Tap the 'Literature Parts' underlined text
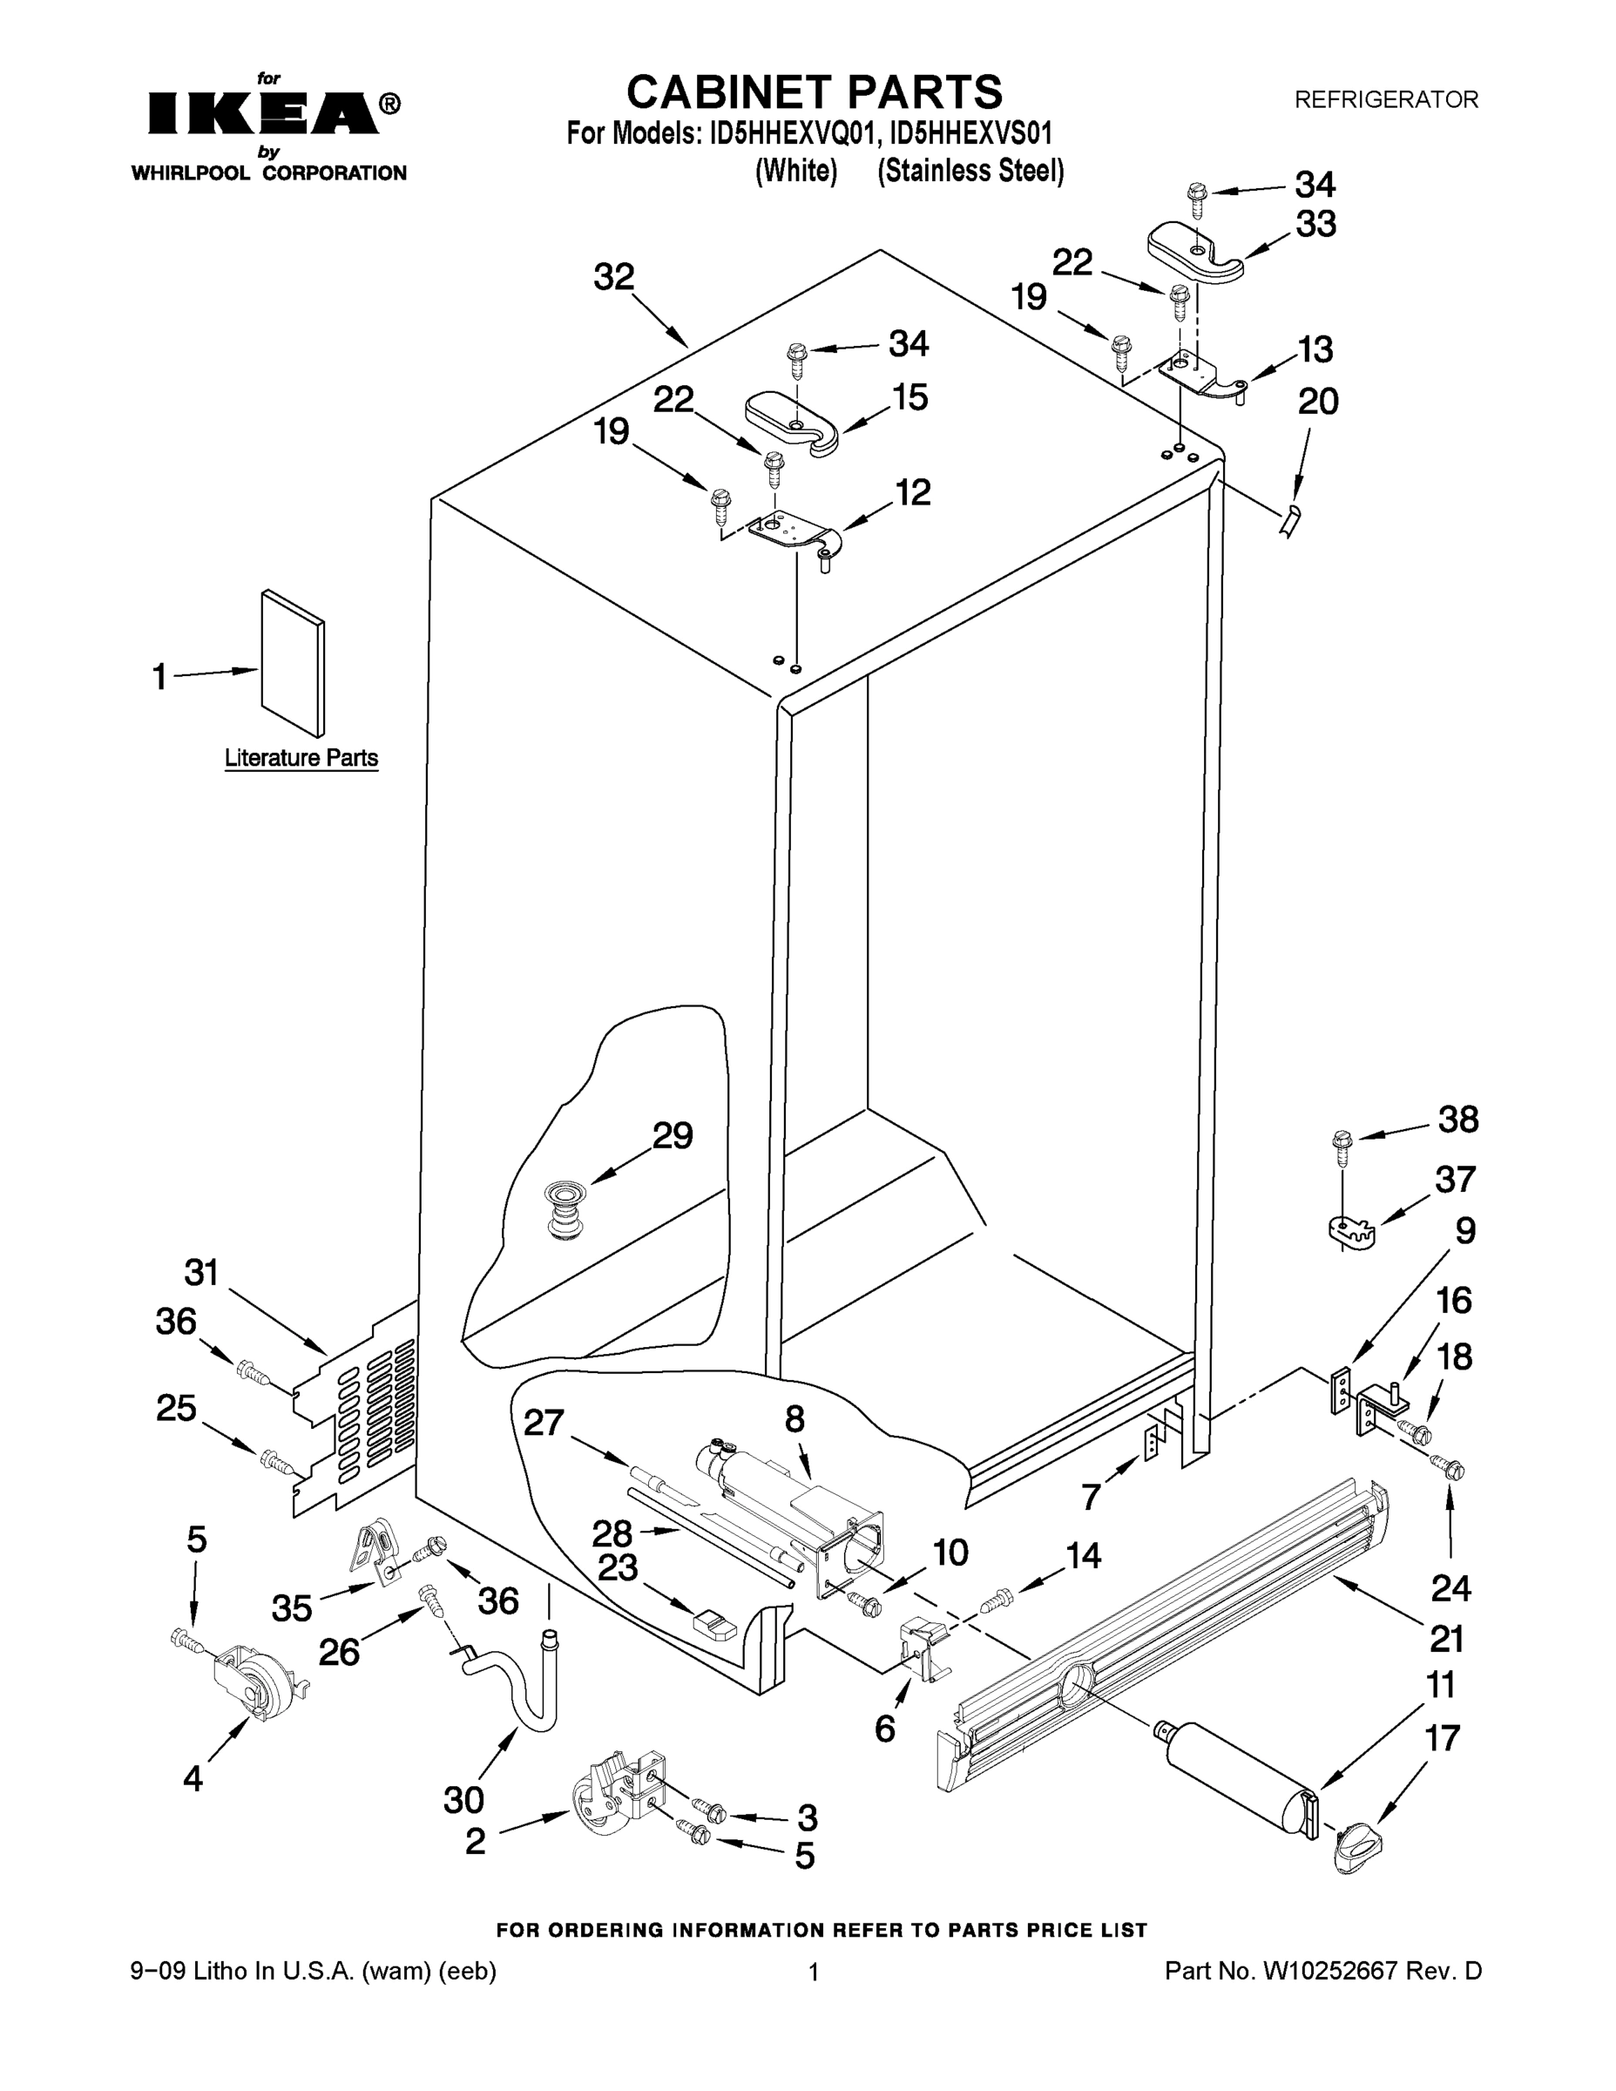tap(301, 758)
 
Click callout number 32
tap(613, 277)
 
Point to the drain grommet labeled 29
tap(564, 1209)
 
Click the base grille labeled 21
tap(1159, 1627)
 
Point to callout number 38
tap(1457, 1120)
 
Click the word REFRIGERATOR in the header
tap(1385, 98)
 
